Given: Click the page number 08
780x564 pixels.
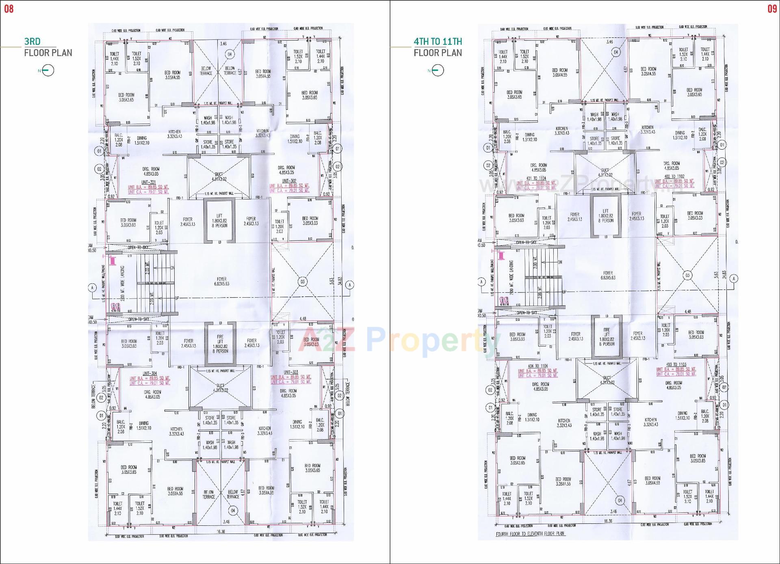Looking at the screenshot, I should [x=9, y=9].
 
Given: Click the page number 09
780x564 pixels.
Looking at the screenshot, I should [x=772, y=9].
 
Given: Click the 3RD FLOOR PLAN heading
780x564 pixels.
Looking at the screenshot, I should [x=48, y=47].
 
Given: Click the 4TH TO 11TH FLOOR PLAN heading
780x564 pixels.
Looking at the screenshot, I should [x=438, y=47].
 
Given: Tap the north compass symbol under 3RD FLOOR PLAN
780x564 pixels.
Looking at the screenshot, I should [x=48, y=71].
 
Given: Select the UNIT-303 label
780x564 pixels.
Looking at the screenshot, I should [x=291, y=372].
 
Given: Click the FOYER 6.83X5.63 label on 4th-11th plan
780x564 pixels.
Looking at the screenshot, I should [x=608, y=275].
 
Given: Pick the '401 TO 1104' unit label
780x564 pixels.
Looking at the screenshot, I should [x=536, y=179].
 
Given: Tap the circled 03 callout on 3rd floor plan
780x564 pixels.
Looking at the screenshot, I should [x=302, y=281].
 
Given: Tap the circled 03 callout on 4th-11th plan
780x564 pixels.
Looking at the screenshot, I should [x=687, y=276].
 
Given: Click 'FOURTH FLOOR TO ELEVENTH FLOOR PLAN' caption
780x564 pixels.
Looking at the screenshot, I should [x=530, y=534].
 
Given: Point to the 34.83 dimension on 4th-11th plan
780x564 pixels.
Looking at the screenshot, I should [x=724, y=275].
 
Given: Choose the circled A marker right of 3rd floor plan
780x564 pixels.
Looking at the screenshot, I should [x=350, y=285].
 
